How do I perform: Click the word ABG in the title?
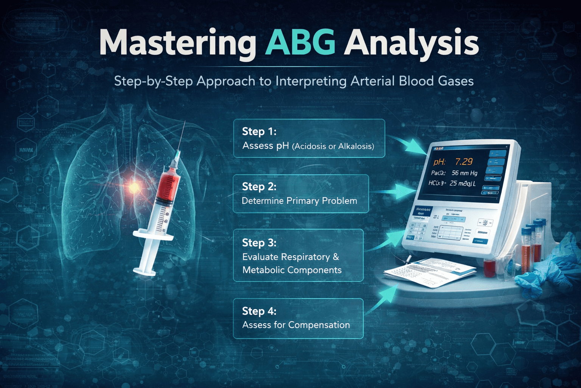[x=300, y=42]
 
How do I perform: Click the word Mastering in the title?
[x=178, y=44]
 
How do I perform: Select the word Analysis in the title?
[x=411, y=44]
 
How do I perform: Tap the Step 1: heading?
[x=259, y=131]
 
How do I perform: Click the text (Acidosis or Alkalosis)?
[x=333, y=146]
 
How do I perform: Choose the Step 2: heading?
[x=259, y=187]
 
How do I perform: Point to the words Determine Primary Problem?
[x=299, y=201]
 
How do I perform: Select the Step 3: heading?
[x=259, y=242]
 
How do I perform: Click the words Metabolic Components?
[x=292, y=270]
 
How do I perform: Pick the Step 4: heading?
[x=259, y=311]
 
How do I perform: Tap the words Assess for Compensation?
[x=296, y=325]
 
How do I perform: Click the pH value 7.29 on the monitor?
[x=463, y=162]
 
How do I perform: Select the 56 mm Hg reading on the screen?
[x=464, y=173]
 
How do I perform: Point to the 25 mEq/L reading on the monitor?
[x=462, y=183]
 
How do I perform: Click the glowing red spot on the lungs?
[x=134, y=186]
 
